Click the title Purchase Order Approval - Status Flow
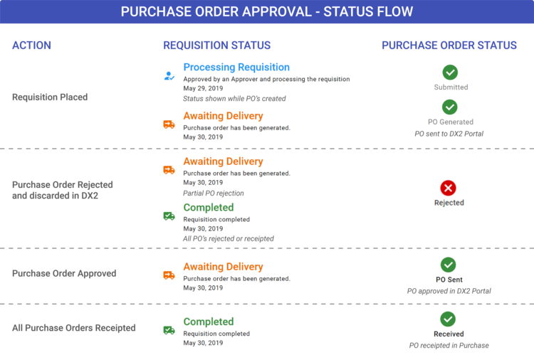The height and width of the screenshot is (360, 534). coord(266,12)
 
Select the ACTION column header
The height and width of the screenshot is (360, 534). coord(32,46)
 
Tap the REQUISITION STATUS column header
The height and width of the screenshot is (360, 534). coord(217,46)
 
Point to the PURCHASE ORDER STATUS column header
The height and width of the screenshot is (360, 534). coord(449,46)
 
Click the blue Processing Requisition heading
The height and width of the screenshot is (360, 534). coord(236,67)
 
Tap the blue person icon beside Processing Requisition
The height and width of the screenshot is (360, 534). coord(169,74)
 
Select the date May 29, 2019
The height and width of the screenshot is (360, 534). coord(203,88)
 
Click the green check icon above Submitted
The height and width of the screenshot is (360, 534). coord(450,72)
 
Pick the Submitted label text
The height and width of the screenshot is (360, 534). coord(451,88)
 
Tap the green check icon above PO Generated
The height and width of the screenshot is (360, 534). coord(449,107)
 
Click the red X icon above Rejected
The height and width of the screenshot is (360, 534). coord(449,188)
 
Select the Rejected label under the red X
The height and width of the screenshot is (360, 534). coord(449,203)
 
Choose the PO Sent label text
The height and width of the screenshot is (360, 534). coord(449,280)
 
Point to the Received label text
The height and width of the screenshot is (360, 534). coord(449,334)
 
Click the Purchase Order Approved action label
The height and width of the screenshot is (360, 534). coord(64,273)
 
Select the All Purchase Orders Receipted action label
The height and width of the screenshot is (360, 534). coord(73,328)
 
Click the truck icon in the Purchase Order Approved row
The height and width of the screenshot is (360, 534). coord(169,275)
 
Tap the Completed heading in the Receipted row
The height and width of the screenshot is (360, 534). coord(208,322)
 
